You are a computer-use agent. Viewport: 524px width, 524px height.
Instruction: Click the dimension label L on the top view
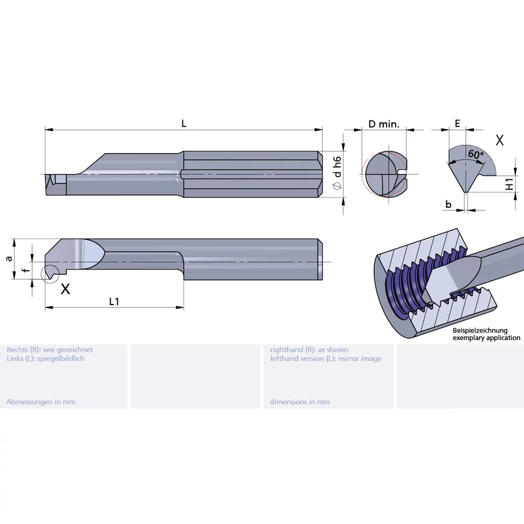183,123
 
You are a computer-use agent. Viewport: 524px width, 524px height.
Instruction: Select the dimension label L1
114,301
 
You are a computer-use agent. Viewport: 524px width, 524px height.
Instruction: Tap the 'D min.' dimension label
384,124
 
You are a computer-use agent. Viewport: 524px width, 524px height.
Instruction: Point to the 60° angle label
475,155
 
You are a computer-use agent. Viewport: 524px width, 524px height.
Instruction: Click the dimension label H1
509,184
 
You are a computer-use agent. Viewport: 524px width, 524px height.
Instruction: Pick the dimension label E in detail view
458,123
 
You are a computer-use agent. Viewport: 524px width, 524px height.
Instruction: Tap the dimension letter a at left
8,257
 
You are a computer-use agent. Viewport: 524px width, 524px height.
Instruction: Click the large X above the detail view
499,140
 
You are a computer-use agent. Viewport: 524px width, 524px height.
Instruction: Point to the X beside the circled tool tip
65,289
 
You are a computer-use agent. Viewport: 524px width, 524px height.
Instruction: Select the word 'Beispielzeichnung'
480,330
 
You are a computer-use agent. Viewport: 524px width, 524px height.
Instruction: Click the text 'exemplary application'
486,338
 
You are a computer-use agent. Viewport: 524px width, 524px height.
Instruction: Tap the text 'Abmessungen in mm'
41,402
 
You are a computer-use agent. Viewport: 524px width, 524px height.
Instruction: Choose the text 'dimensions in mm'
300,402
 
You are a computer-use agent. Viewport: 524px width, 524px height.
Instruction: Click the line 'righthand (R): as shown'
309,349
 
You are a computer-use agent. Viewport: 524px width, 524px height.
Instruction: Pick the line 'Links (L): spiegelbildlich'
45,359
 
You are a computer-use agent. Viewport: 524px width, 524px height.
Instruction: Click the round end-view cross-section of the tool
384,174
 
